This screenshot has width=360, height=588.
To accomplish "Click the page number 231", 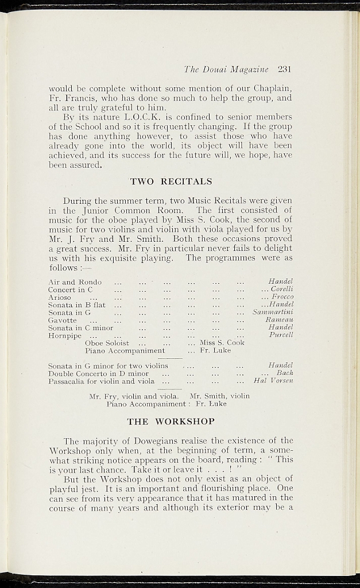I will click(285, 69).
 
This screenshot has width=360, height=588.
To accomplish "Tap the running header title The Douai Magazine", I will click(226, 69).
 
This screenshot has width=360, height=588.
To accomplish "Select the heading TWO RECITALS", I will click(171, 182).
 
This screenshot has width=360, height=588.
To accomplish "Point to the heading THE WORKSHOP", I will click(171, 421).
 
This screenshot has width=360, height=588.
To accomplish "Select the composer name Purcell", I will click(281, 335).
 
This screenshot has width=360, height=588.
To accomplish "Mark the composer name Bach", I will click(285, 373).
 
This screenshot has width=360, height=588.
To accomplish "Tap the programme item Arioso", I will click(60, 297).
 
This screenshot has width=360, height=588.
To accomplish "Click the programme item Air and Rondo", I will click(75, 282).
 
